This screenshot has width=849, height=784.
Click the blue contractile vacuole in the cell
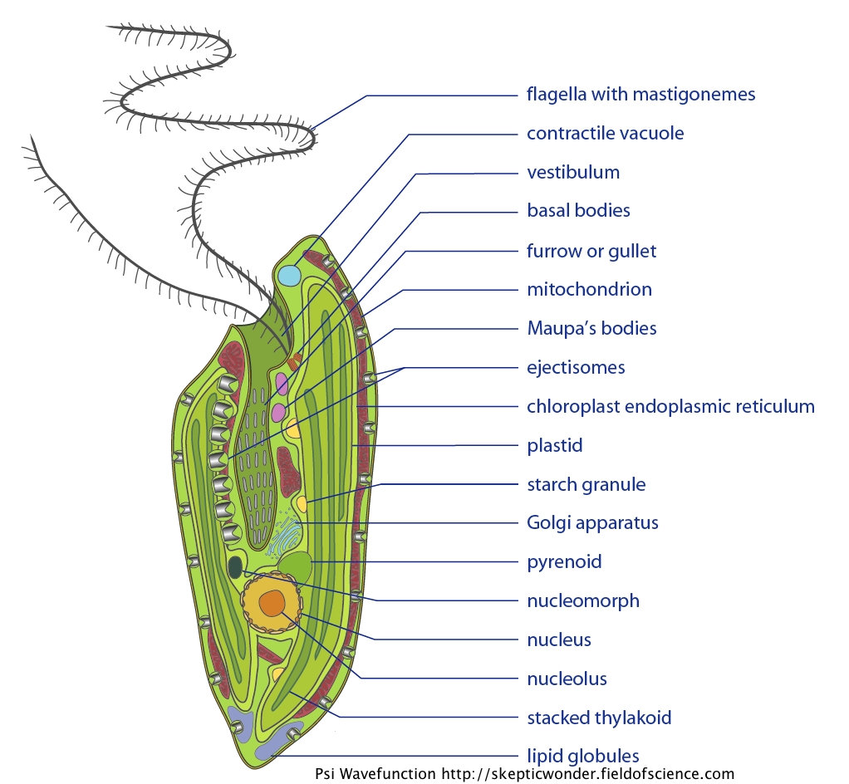(289, 276)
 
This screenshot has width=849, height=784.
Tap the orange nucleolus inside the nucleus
(272, 604)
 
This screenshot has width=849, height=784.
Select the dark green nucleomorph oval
(236, 567)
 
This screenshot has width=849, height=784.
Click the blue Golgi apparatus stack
(285, 536)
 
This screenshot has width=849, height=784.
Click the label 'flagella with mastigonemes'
(640, 95)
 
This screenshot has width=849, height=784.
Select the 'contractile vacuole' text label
(605, 134)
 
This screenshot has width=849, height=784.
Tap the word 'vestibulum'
(573, 173)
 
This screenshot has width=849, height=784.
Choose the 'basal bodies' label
(578, 211)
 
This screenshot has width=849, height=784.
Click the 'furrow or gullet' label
(591, 251)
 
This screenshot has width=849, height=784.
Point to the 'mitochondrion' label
(589, 290)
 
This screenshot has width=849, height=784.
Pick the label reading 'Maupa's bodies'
(591, 329)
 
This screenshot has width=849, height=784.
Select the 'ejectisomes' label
(576, 367)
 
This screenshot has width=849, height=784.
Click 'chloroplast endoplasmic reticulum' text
(670, 407)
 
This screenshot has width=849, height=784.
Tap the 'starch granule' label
(586, 484)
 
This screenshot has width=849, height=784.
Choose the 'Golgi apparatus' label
(592, 523)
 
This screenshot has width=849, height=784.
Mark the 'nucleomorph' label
(583, 600)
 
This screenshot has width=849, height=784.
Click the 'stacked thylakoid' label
(599, 718)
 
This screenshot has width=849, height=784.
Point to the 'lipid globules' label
(582, 756)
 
